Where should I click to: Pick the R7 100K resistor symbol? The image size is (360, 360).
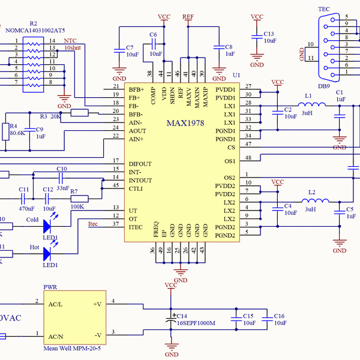coord(79,199)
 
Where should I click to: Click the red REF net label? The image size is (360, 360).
coord(188,17)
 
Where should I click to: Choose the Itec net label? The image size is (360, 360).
coord(93,224)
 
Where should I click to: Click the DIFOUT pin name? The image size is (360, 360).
coord(140,164)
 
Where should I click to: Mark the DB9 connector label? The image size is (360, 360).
coord(324,86)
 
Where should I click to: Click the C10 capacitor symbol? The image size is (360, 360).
coord(61,178)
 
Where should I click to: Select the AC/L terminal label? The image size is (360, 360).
coord(57,304)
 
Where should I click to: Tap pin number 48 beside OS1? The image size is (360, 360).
coord(248,158)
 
